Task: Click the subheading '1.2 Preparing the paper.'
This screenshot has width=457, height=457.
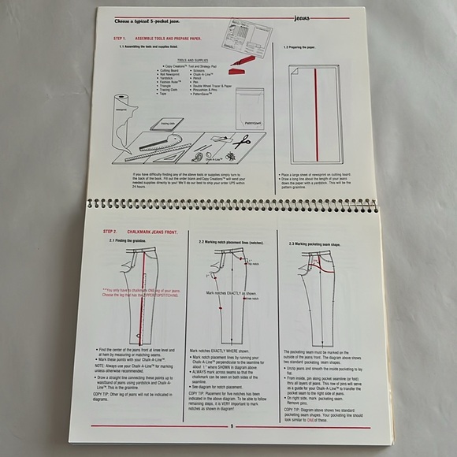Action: (303, 46)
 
